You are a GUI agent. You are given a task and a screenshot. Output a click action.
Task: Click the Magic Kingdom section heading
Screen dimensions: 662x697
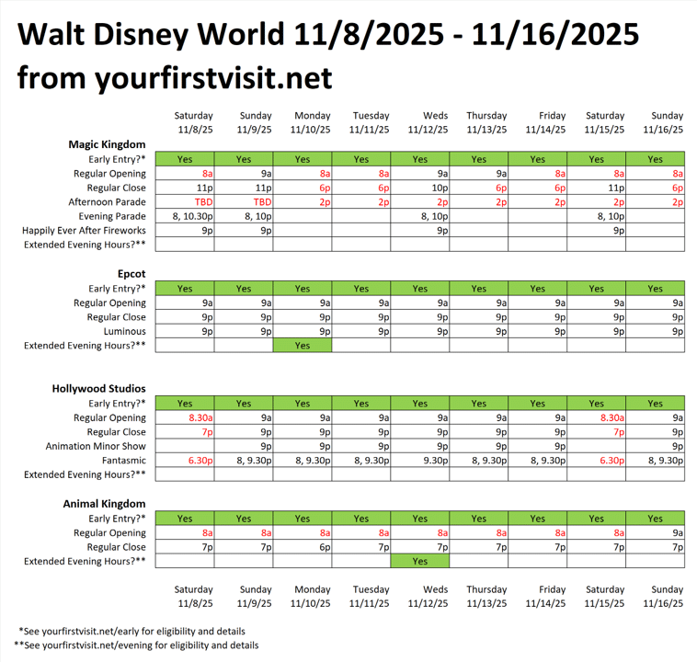tap(107, 144)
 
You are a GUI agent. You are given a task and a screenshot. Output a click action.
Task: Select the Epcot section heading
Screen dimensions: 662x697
tap(131, 274)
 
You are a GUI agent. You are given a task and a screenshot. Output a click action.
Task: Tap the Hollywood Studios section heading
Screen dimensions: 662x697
tap(99, 389)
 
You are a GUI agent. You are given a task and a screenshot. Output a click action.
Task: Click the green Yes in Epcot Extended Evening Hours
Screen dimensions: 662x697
tap(303, 346)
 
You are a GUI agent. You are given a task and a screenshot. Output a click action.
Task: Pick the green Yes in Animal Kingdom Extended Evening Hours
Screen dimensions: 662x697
tap(420, 561)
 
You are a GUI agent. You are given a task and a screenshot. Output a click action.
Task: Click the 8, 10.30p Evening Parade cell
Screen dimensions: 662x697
tap(185, 216)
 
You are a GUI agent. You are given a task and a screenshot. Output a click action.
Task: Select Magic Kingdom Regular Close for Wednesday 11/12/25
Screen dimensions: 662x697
tap(420, 188)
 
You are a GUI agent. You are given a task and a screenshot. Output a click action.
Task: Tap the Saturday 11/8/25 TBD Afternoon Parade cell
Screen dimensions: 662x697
tap(185, 201)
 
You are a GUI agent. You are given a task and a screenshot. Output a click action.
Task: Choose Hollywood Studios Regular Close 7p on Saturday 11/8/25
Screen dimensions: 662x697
tap(185, 431)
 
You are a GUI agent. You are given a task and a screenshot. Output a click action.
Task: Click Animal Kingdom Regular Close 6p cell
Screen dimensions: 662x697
tap(303, 547)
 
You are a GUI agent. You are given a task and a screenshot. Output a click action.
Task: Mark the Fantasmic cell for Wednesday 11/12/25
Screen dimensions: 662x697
tap(420, 460)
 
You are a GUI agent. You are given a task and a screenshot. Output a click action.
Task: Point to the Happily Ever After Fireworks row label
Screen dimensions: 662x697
tap(85, 231)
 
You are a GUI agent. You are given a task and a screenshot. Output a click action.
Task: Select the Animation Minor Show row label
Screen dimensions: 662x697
tap(96, 446)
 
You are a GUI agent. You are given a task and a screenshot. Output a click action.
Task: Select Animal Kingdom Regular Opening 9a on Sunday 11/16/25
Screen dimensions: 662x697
tap(656, 532)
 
